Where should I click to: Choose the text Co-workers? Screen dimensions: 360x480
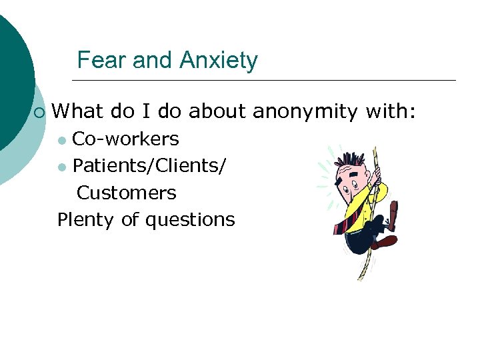(125, 139)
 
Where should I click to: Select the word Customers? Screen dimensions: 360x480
(127, 193)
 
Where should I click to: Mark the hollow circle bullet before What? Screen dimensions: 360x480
(39, 112)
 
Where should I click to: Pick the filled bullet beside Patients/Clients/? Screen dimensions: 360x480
(62, 167)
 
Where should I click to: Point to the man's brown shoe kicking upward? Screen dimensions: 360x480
(393, 213)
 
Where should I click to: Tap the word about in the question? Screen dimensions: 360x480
(217, 111)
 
